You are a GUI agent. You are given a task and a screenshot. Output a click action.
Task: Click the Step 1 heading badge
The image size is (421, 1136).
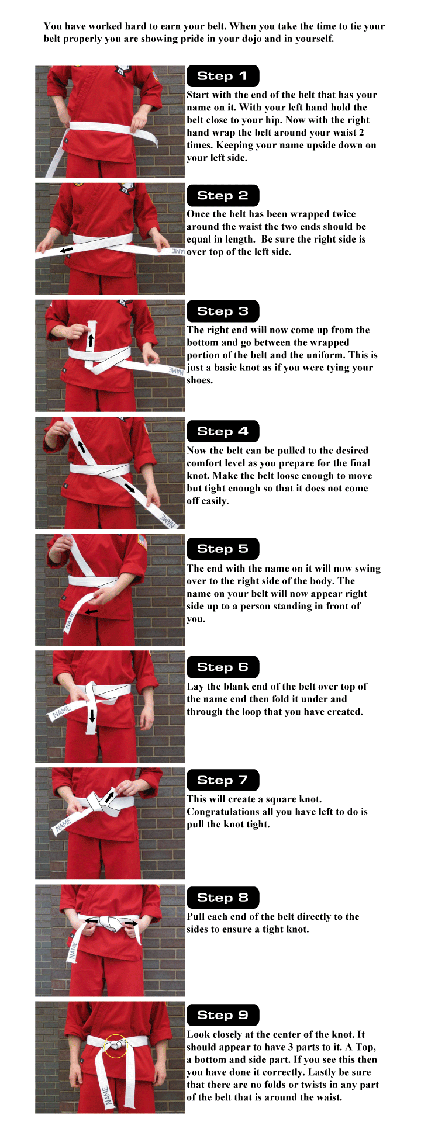222,76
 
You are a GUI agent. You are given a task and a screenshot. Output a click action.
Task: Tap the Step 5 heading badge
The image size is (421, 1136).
222,549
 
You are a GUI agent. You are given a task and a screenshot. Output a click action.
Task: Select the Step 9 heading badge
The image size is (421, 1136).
222,1015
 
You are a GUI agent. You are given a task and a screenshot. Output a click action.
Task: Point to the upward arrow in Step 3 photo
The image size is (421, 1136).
90,340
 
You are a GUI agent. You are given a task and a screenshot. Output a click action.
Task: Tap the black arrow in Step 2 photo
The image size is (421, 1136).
67,250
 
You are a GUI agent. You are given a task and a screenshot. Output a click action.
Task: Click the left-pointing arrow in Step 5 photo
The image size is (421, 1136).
91,612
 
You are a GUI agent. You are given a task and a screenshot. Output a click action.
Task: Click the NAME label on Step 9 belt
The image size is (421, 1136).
106,1096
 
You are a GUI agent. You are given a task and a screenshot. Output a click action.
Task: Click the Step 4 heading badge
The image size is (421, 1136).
222,431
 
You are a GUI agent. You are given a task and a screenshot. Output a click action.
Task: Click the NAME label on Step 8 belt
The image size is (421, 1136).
73,951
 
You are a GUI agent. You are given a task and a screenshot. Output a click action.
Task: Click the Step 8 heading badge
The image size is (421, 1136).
222,898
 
